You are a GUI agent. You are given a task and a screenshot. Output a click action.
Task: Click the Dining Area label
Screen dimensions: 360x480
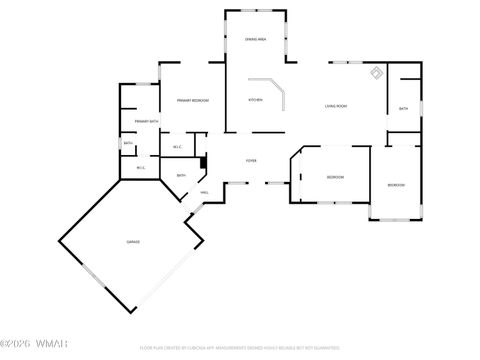(x=255, y=39)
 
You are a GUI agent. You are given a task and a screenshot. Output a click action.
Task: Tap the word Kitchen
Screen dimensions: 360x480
(x=255, y=100)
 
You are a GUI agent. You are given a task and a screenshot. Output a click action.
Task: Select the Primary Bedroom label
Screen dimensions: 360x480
(x=192, y=100)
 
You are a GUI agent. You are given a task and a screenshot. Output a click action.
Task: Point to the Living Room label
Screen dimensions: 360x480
(x=335, y=105)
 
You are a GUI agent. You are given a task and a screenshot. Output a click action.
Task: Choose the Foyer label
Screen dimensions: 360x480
(x=252, y=160)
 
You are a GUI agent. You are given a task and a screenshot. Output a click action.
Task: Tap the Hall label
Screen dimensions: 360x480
(x=204, y=192)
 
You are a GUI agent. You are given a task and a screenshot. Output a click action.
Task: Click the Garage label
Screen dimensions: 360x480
(x=132, y=242)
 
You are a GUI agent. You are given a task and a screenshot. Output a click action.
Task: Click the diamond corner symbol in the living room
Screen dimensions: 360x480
(x=375, y=72)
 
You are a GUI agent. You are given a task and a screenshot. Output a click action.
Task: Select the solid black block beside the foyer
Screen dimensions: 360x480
(x=203, y=162)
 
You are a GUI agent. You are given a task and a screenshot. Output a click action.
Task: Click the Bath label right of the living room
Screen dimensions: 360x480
(x=403, y=108)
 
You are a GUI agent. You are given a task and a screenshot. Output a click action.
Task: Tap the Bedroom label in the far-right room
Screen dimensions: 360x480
(x=396, y=185)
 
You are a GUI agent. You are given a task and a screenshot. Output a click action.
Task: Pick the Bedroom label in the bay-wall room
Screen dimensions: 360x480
(x=334, y=177)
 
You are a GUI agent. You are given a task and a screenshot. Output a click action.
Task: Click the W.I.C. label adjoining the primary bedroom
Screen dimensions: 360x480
(x=177, y=148)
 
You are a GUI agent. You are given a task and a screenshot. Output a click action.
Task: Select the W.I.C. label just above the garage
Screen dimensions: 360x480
(x=141, y=167)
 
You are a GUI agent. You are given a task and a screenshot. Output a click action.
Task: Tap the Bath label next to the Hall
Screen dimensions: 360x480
(x=181, y=176)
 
